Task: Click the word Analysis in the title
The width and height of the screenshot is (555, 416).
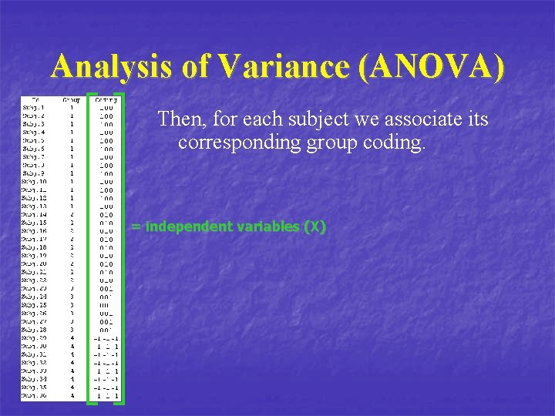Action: point(107,67)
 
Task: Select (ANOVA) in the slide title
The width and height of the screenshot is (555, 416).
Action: point(431,67)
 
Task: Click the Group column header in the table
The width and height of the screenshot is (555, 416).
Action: point(72,99)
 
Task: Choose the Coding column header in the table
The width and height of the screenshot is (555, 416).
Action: point(105,99)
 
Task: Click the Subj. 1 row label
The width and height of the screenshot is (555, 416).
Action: point(33,107)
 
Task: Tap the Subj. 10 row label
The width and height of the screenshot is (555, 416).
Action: point(35,182)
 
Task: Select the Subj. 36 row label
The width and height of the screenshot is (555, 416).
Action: point(35,396)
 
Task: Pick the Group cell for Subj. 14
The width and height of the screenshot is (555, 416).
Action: point(72,214)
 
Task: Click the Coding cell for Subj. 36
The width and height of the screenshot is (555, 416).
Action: point(105,396)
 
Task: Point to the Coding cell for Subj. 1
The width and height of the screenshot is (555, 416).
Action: point(105,107)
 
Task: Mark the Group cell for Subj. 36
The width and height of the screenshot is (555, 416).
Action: point(72,396)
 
